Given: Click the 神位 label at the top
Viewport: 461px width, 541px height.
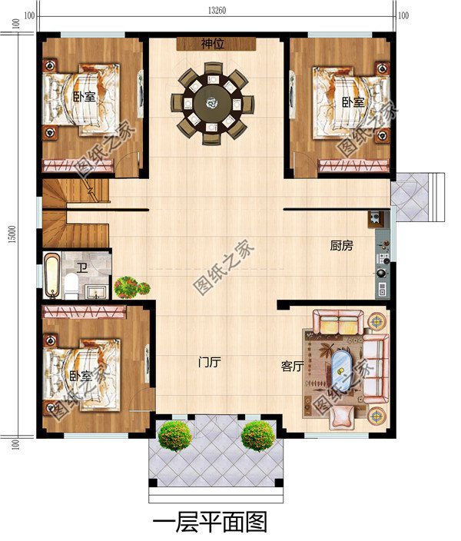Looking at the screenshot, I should (212, 44).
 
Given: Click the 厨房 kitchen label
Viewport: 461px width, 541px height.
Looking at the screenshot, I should (341, 246).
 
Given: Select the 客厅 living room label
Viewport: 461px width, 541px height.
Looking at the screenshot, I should (291, 367).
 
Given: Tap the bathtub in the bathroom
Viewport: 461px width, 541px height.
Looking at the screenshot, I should (52, 275).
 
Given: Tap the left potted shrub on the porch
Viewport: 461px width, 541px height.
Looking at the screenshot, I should (174, 436).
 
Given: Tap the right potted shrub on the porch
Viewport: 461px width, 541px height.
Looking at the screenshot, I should (257, 436).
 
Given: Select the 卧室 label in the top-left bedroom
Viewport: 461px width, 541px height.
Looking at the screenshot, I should (85, 98).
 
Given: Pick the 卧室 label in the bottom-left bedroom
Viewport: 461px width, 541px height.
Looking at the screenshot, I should (81, 376).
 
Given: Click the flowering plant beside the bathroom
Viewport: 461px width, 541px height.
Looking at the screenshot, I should (131, 288).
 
